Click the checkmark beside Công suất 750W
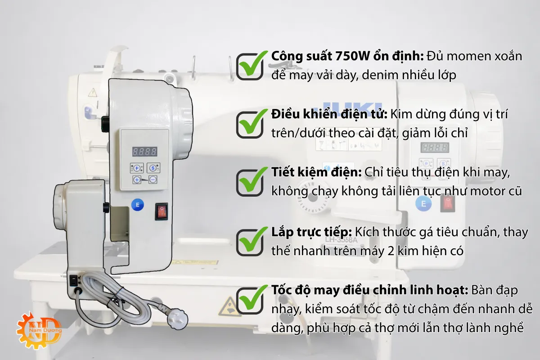[250, 66]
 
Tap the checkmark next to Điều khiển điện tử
[250, 122]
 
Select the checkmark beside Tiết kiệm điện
[250, 181]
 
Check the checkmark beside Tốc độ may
[250, 299]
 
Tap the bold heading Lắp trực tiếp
[311, 233]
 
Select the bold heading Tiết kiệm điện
[316, 173]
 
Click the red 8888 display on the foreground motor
[144, 152]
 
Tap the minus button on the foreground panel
[153, 180]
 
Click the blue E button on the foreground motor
[137, 205]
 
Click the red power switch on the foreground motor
[162, 211]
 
